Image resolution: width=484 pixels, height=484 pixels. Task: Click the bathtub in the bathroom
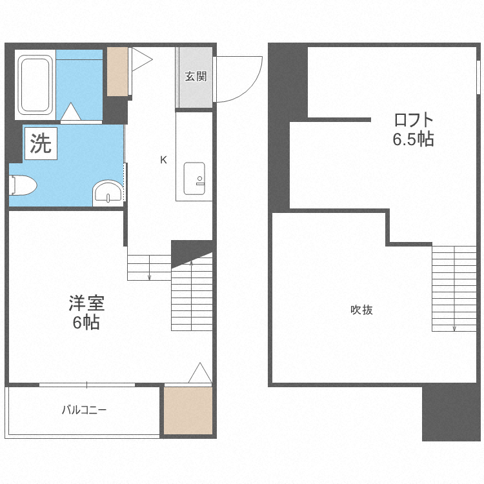(x=35, y=85)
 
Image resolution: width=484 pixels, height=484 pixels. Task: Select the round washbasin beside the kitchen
(x=108, y=192)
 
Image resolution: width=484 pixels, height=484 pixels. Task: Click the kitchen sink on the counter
(x=194, y=178)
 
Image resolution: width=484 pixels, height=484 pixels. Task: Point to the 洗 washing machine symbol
(x=41, y=143)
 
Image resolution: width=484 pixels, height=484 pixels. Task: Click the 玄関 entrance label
(x=196, y=76)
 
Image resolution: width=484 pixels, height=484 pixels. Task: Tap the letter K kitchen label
(x=163, y=160)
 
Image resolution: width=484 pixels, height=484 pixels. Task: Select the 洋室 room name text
(x=86, y=303)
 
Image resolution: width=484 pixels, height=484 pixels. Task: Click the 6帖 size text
(x=86, y=323)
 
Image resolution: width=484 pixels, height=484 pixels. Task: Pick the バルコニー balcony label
(x=84, y=410)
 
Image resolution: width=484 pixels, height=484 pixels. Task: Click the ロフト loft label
(x=413, y=120)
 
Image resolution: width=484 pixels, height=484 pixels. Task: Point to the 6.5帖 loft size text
(x=413, y=139)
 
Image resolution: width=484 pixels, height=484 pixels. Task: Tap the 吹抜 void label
(x=361, y=310)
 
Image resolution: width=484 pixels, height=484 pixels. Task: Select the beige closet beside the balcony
(x=188, y=410)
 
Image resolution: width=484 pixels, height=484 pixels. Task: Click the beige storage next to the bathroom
(x=117, y=71)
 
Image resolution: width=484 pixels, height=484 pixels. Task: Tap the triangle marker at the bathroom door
(x=71, y=112)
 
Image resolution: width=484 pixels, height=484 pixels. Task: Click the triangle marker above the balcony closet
(x=200, y=372)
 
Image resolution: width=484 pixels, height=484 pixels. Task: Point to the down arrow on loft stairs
(x=454, y=289)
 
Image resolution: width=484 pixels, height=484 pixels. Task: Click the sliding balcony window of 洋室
(x=87, y=385)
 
